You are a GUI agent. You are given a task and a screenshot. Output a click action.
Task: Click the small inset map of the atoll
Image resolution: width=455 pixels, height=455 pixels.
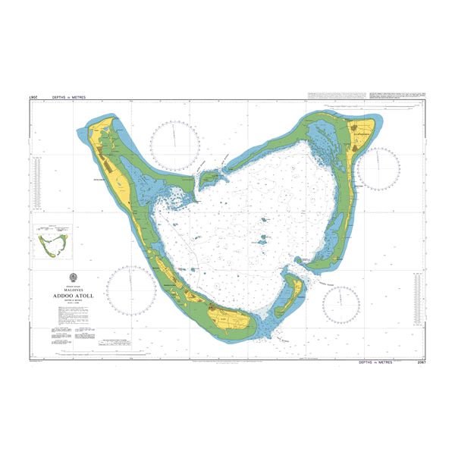point(52,242)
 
